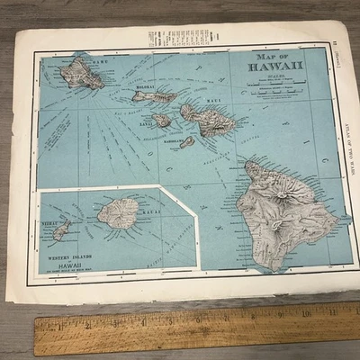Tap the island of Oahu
coord(82,71)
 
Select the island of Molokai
coord(153,95)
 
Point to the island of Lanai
coord(161,121)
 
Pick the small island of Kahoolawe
coord(187,141)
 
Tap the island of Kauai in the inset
coord(118,213)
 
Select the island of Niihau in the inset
coord(61,231)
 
